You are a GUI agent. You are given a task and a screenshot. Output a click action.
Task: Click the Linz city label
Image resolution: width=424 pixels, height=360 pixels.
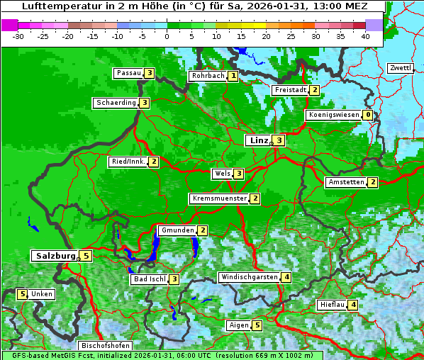pyautogui.click(x=258, y=140)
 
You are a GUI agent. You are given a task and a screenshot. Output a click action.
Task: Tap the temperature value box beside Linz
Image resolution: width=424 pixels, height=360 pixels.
pyautogui.click(x=279, y=140)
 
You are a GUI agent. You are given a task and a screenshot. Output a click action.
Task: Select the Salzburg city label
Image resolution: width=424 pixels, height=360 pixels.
pyautogui.click(x=55, y=256)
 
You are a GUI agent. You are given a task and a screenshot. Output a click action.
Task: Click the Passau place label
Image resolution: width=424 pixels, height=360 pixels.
pyautogui.click(x=128, y=73)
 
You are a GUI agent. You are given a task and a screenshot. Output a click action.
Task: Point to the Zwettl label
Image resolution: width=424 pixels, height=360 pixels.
pyautogui.click(x=400, y=68)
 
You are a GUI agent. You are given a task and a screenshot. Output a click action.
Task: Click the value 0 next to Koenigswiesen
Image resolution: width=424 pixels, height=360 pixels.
pyautogui.click(x=367, y=115)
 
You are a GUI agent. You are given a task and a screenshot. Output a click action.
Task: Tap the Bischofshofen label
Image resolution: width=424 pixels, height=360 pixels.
pyautogui.click(x=105, y=346)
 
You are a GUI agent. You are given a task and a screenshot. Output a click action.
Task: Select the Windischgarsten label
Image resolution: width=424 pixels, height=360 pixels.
pyautogui.click(x=249, y=277)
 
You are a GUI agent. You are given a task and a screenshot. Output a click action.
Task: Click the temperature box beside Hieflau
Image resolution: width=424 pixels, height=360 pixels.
pyautogui.click(x=353, y=305)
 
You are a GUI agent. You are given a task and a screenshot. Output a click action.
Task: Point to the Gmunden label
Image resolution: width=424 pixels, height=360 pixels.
pyautogui.click(x=177, y=230)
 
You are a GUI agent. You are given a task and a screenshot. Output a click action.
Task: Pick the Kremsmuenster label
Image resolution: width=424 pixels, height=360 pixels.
pyautogui.click(x=219, y=198)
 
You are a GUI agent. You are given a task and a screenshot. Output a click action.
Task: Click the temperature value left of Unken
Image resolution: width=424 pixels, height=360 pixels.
pyautogui.click(x=22, y=294)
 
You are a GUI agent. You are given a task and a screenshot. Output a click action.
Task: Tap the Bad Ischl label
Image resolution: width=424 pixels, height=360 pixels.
pyautogui.click(x=149, y=279)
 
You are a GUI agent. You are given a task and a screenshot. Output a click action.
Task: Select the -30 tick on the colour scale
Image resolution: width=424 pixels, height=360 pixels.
pyautogui.click(x=18, y=35)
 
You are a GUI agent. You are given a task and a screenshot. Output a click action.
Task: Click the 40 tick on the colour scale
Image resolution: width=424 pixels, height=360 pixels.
pyautogui.click(x=365, y=35)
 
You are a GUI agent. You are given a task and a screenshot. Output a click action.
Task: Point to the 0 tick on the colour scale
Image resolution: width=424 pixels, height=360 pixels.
pyautogui.click(x=167, y=35)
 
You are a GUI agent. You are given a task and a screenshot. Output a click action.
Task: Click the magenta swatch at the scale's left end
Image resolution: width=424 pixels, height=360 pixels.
pyautogui.click(x=10, y=25)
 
